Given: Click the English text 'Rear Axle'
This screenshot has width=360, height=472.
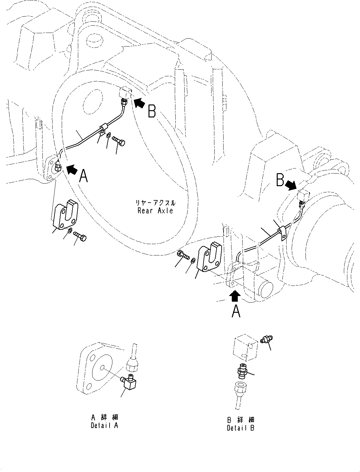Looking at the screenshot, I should tap(155, 211).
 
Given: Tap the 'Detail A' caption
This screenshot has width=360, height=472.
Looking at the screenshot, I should tap(104, 425).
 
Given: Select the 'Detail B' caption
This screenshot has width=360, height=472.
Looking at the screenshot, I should tap(241, 428).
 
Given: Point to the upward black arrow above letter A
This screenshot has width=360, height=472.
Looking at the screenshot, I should tap(235, 296).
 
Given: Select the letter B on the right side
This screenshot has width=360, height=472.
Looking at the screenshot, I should tap(280, 180).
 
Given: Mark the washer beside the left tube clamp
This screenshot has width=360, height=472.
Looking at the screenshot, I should tap(108, 135).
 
